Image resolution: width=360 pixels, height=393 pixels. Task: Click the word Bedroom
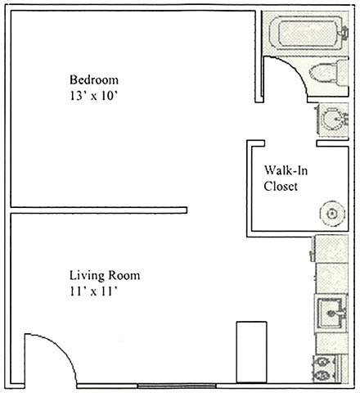click(94, 80)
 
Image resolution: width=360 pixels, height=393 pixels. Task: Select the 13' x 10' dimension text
click(93, 96)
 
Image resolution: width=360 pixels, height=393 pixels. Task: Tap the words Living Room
click(105, 275)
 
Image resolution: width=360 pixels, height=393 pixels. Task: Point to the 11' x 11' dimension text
click(93, 291)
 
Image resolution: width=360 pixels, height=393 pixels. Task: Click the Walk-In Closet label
click(286, 178)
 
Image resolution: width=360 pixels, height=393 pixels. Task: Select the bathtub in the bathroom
click(305, 33)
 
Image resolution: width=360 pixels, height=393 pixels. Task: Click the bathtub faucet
click(344, 32)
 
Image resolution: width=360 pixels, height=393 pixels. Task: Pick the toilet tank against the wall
click(343, 72)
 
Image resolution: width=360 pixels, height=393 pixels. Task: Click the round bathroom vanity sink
click(332, 120)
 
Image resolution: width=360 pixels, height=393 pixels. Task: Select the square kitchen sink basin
click(331, 313)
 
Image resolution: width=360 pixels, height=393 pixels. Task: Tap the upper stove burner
click(322, 362)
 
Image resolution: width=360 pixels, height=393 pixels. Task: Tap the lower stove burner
click(322, 376)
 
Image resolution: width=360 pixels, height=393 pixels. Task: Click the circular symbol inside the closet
click(332, 214)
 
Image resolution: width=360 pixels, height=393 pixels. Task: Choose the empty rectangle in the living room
click(251, 352)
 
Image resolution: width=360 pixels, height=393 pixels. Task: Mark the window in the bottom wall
click(177, 386)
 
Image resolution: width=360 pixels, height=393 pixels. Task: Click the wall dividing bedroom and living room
click(99, 210)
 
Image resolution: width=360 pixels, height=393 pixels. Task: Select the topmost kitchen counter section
click(331, 248)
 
